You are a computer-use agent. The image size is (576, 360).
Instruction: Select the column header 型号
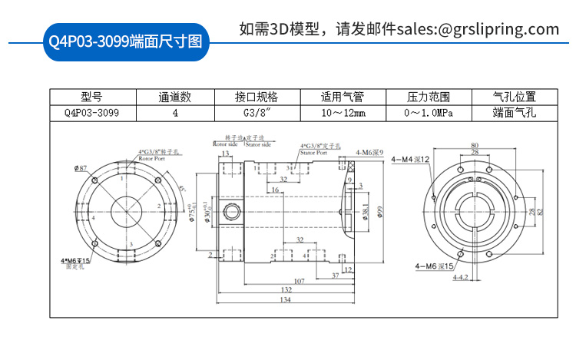point(91,97)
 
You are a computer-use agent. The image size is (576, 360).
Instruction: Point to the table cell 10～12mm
point(343,113)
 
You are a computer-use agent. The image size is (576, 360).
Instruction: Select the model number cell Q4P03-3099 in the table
point(91,113)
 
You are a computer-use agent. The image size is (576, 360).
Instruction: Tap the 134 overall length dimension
point(284,299)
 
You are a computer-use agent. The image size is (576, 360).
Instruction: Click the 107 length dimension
point(300,280)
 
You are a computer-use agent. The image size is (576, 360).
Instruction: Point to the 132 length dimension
point(284,290)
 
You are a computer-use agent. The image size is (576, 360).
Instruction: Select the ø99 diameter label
point(379,212)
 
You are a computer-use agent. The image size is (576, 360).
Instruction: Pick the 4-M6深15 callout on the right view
point(433,266)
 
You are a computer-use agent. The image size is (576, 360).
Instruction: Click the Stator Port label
point(313,153)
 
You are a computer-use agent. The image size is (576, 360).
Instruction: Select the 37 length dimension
point(336,274)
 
